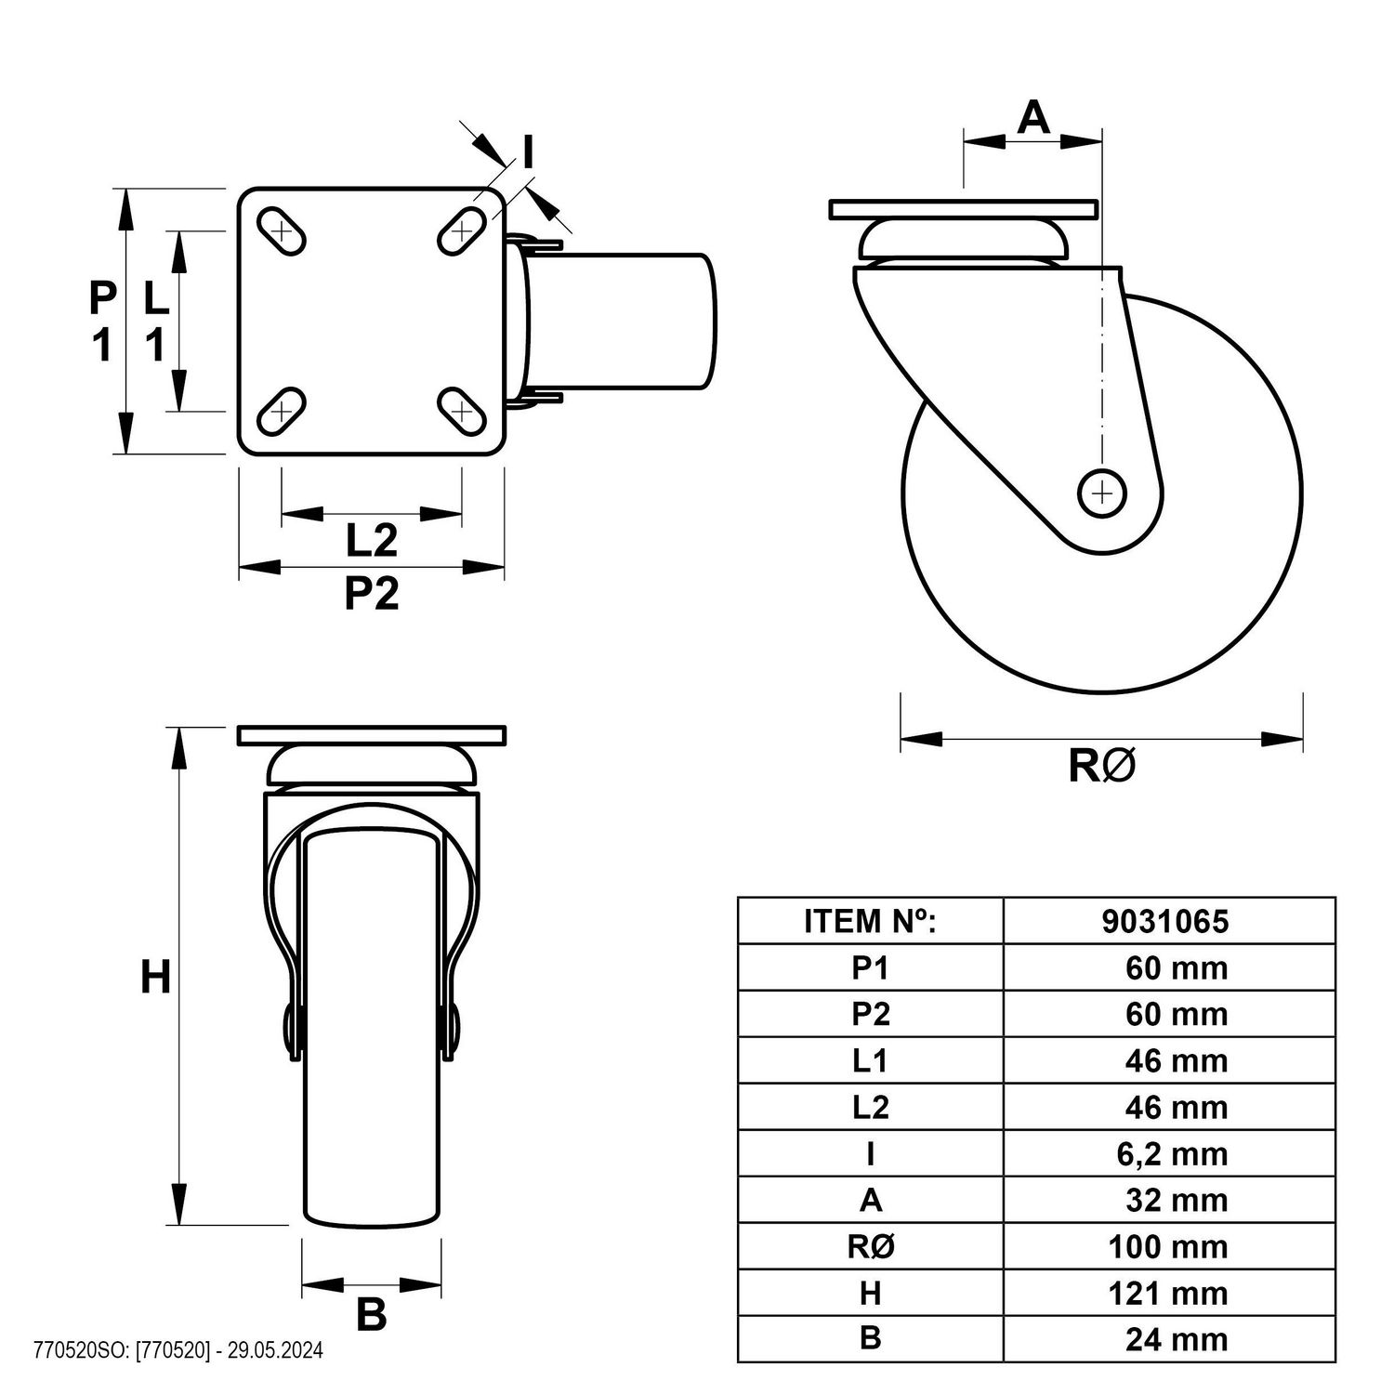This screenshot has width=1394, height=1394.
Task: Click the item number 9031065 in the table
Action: tap(1164, 921)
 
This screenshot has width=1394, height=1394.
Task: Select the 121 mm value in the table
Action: tap(1168, 1293)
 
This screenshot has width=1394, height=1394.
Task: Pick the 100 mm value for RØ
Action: tap(1168, 1246)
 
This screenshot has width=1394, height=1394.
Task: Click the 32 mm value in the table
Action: tap(1177, 1200)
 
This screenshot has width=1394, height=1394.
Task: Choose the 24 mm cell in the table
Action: tap(1177, 1339)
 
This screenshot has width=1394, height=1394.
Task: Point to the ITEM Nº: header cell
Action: tap(871, 921)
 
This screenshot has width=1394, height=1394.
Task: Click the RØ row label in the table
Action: tap(871, 1246)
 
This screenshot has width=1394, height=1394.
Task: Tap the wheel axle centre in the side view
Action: tap(1101, 493)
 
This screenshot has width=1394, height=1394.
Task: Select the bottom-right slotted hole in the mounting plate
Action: tap(462, 411)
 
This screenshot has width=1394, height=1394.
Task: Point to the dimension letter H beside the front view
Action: tap(156, 977)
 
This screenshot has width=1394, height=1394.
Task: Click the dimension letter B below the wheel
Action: tap(372, 1314)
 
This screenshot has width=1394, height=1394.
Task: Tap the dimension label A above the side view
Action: tap(1033, 118)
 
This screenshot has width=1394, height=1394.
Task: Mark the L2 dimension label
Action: tap(372, 541)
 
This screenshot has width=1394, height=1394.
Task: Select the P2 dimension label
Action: tap(372, 593)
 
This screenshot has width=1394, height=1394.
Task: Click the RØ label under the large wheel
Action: tap(1102, 766)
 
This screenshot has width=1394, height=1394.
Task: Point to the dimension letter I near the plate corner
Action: tap(529, 151)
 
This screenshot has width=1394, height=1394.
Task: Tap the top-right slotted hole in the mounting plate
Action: tap(462, 230)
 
